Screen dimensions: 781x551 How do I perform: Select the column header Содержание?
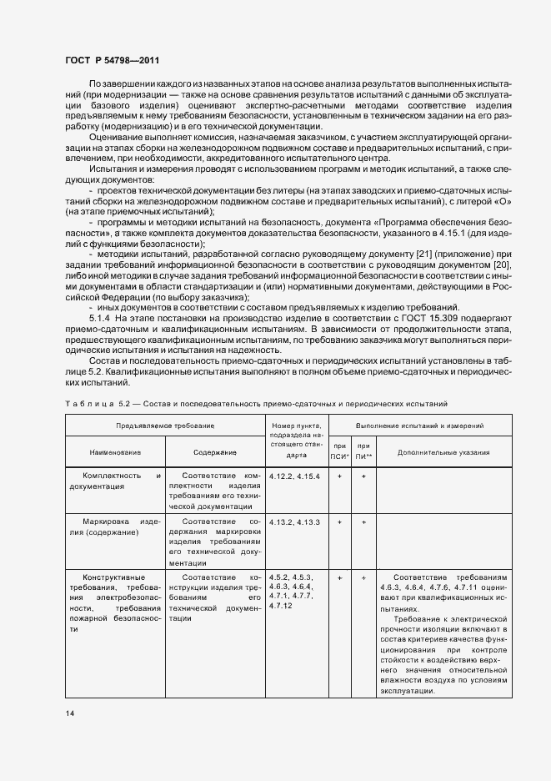215,453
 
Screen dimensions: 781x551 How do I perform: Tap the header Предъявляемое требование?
165,426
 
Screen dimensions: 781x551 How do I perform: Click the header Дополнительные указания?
443,453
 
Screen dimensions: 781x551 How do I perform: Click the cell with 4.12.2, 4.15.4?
295,476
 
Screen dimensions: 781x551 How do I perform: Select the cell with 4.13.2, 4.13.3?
295,521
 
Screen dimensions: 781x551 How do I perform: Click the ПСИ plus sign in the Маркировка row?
339,521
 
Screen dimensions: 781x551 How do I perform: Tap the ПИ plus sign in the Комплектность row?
363,476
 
